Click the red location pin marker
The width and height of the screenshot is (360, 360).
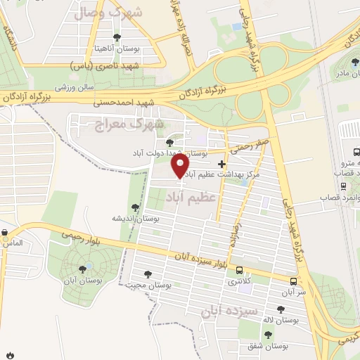[x=181, y=166]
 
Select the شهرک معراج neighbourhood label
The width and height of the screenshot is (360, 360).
[x=129, y=124]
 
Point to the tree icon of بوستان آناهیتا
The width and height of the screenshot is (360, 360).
[x=117, y=38]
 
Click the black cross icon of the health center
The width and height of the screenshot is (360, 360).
[x=221, y=163]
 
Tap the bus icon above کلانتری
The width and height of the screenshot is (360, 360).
[x=240, y=271]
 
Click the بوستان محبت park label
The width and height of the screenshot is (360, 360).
[x=146, y=285]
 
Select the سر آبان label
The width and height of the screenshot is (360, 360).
[x=295, y=291]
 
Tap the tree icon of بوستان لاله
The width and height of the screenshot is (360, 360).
[x=281, y=309]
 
